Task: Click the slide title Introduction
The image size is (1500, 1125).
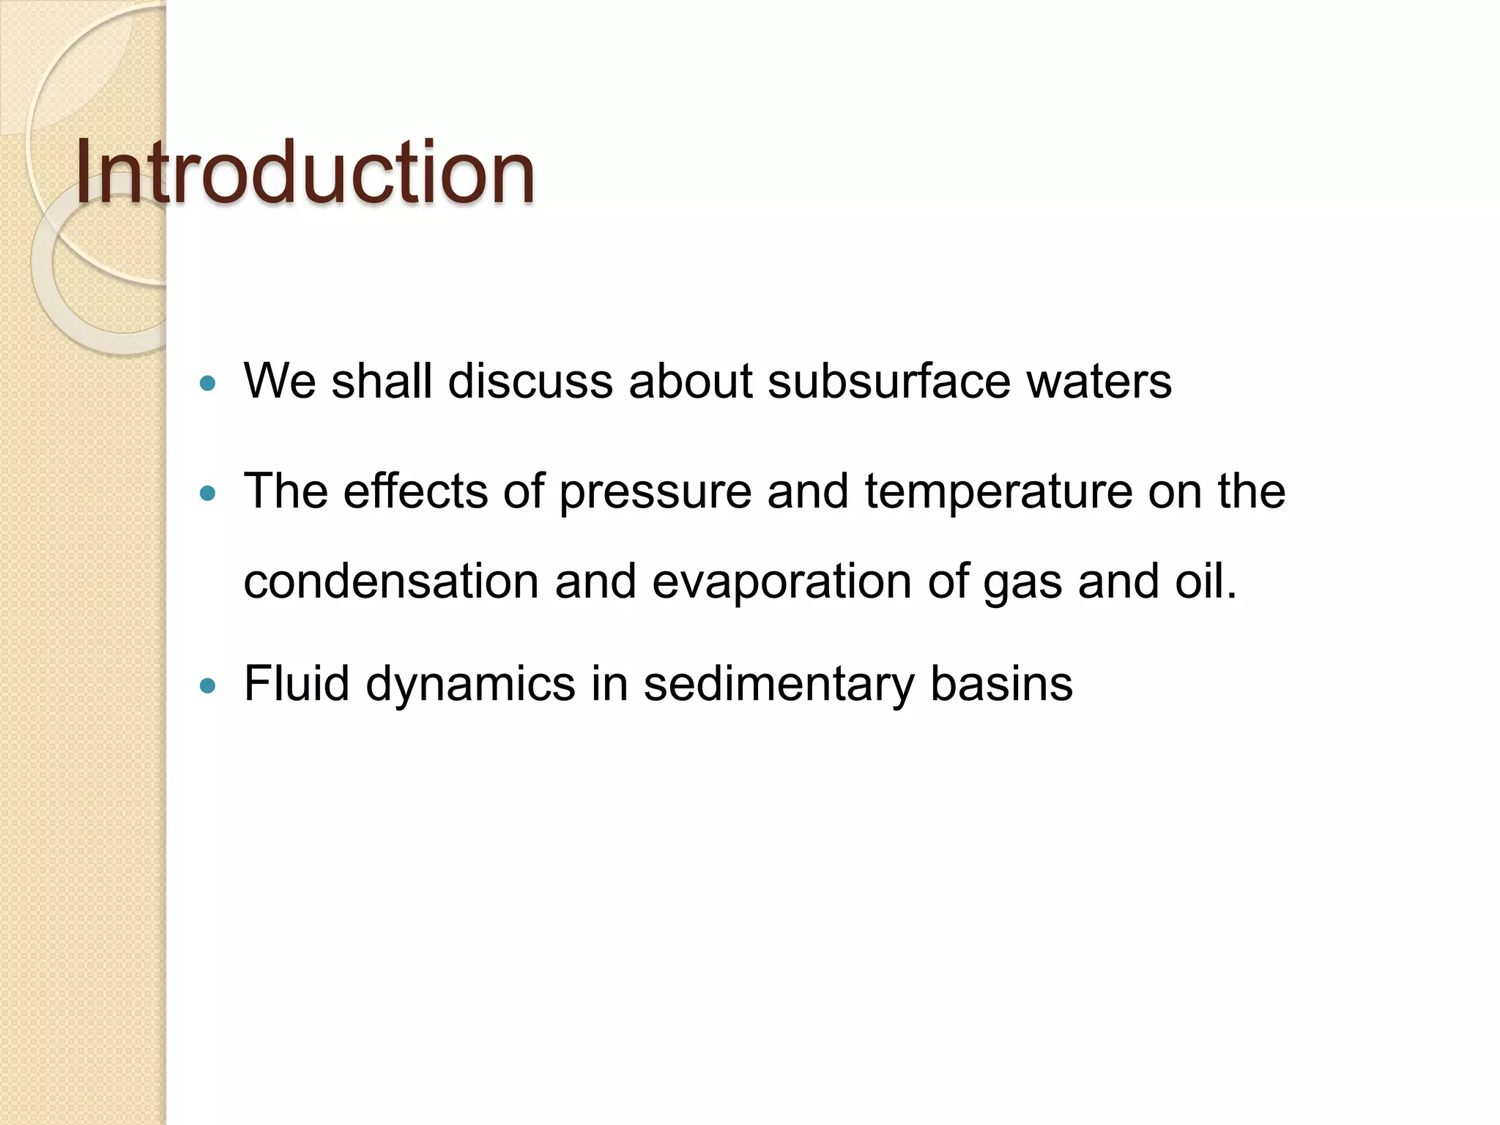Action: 305,173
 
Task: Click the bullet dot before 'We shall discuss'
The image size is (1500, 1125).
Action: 209,383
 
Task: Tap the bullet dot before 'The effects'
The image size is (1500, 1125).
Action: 209,494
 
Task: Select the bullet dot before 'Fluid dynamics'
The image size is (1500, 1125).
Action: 209,686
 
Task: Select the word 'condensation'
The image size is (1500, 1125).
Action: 391,582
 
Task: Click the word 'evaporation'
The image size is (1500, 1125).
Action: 781,582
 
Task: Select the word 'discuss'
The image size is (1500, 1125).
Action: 530,382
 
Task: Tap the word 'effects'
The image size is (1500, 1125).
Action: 415,491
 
